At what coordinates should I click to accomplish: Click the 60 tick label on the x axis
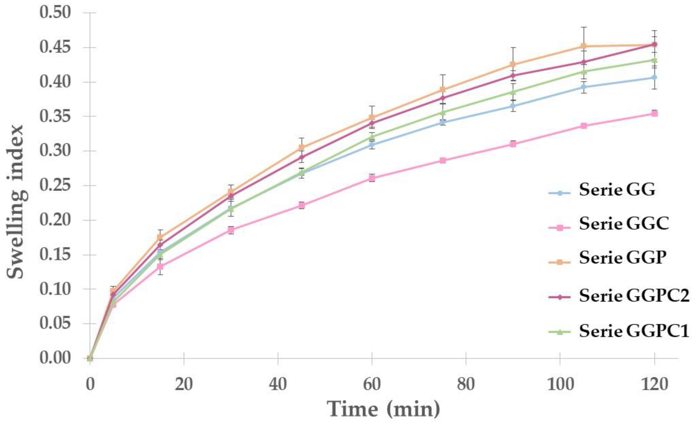pyautogui.click(x=372, y=385)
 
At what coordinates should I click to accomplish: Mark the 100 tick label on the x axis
pyautogui.click(x=560, y=385)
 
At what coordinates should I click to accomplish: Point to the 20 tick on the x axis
pyautogui.click(x=184, y=385)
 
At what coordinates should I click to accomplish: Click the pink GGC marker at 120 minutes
pyautogui.click(x=654, y=113)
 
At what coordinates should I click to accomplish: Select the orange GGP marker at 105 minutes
pyautogui.click(x=584, y=46)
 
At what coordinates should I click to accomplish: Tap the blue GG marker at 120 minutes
pyautogui.click(x=654, y=77)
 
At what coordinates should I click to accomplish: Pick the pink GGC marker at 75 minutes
pyautogui.click(x=443, y=160)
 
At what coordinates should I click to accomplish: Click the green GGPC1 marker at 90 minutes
pyautogui.click(x=513, y=92)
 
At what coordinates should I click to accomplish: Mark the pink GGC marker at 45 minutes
pyautogui.click(x=301, y=205)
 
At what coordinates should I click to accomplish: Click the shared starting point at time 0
pyautogui.click(x=90, y=358)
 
